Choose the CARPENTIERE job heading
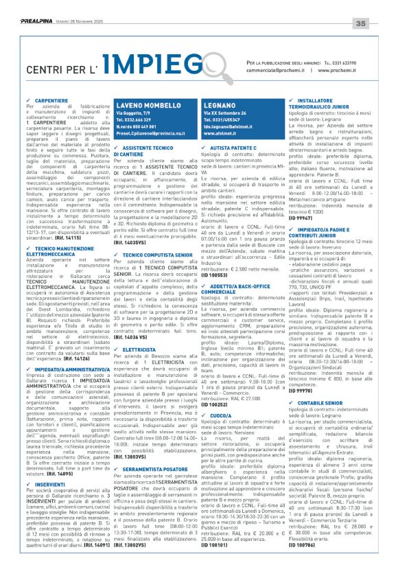click(x=48, y=100)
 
